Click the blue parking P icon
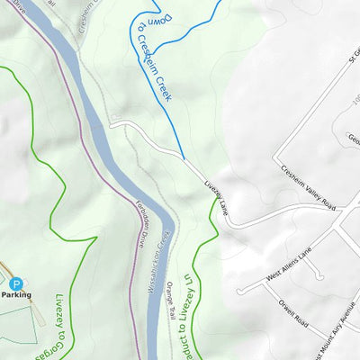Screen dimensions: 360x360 pyautogui.click(x=14, y=283)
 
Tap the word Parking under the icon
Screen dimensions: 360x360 pyautogui.click(x=15, y=295)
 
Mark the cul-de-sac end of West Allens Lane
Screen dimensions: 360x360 pyautogui.click(x=241, y=292)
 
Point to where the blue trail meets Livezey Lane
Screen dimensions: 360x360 pyautogui.click(x=184, y=160)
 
